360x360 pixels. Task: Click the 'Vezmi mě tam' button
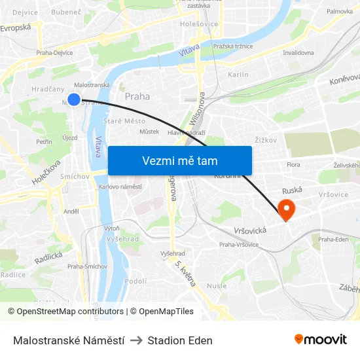(x=179, y=160)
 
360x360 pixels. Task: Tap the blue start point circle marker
(x=74, y=99)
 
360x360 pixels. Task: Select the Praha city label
(x=137, y=96)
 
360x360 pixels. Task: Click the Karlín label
(x=238, y=75)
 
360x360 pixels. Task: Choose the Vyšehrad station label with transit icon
(x=173, y=253)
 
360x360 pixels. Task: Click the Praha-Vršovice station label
(x=238, y=245)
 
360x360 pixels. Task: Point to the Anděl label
(x=71, y=211)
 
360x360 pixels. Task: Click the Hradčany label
(x=48, y=89)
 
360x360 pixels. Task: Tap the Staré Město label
(x=125, y=121)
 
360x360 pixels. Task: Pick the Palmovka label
(x=340, y=12)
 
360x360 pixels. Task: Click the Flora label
(x=293, y=165)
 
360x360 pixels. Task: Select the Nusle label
(x=216, y=285)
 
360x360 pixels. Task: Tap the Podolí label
(x=135, y=281)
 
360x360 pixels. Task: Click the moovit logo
(x=320, y=339)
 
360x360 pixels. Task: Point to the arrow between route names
(x=133, y=340)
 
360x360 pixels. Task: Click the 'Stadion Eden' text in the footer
(x=180, y=340)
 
